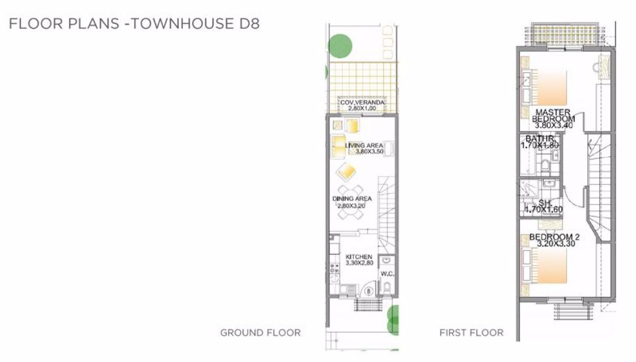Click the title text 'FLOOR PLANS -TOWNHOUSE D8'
[x=134, y=23]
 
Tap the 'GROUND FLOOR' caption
[x=260, y=333]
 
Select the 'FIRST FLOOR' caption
[x=472, y=333]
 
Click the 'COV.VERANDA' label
[x=362, y=102]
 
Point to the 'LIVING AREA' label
[x=364, y=145]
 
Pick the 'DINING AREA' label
[x=352, y=198]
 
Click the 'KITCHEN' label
[x=359, y=257]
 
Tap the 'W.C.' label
[x=387, y=274]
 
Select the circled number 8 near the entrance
[x=369, y=291]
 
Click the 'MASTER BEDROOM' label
[x=553, y=116]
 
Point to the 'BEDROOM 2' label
[x=555, y=237]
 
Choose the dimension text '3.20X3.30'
[x=556, y=244]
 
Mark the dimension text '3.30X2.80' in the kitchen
[x=359, y=263]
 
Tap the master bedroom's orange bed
[x=550, y=88]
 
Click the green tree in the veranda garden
[x=340, y=46]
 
